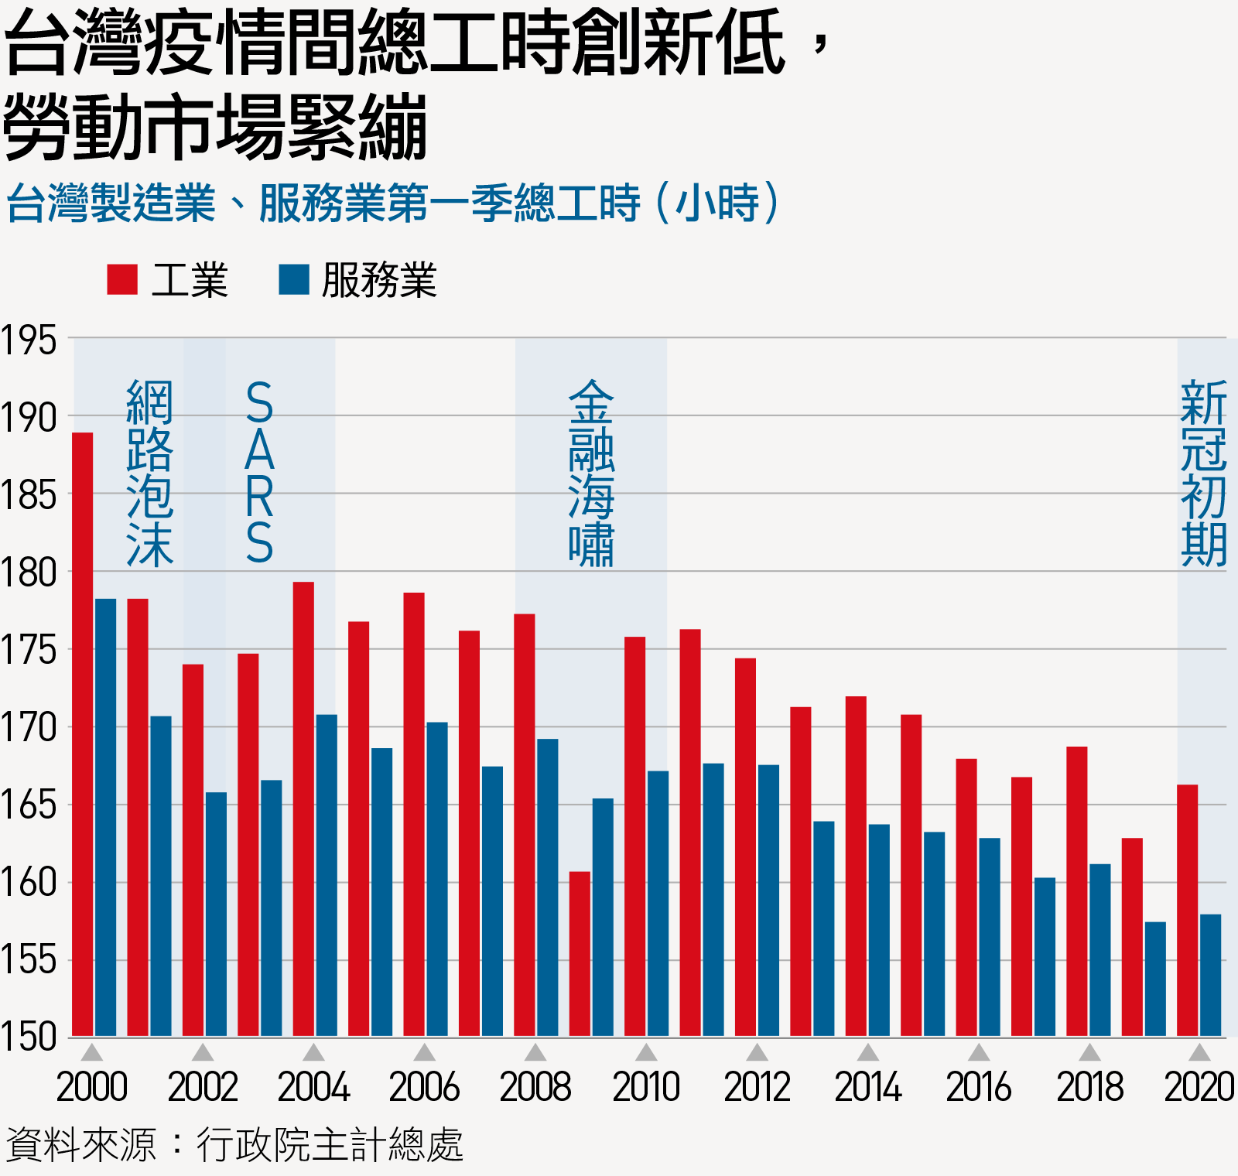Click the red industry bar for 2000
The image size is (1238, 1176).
pos(83,735)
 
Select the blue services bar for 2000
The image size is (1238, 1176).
pos(106,818)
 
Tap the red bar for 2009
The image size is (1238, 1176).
pos(580,954)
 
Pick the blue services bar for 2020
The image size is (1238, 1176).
pos(1210,975)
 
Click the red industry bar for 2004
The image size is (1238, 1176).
pos(303,808)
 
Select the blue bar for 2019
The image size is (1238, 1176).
pos(1155,979)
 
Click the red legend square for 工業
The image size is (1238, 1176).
pos(121,279)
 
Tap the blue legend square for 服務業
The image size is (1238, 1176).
pos(293,279)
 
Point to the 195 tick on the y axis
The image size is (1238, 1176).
pos(29,340)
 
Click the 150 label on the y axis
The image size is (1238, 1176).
pos(29,1037)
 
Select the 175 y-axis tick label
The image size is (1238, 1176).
pos(29,650)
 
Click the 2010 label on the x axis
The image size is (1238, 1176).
pos(646,1087)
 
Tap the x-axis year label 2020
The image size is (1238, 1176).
pos(1199,1087)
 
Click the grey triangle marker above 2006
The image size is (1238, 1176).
pos(424,1052)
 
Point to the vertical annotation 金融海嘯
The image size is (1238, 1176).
pos(591,473)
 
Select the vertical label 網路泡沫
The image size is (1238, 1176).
pos(149,473)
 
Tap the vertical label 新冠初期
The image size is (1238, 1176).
pos(1203,473)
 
